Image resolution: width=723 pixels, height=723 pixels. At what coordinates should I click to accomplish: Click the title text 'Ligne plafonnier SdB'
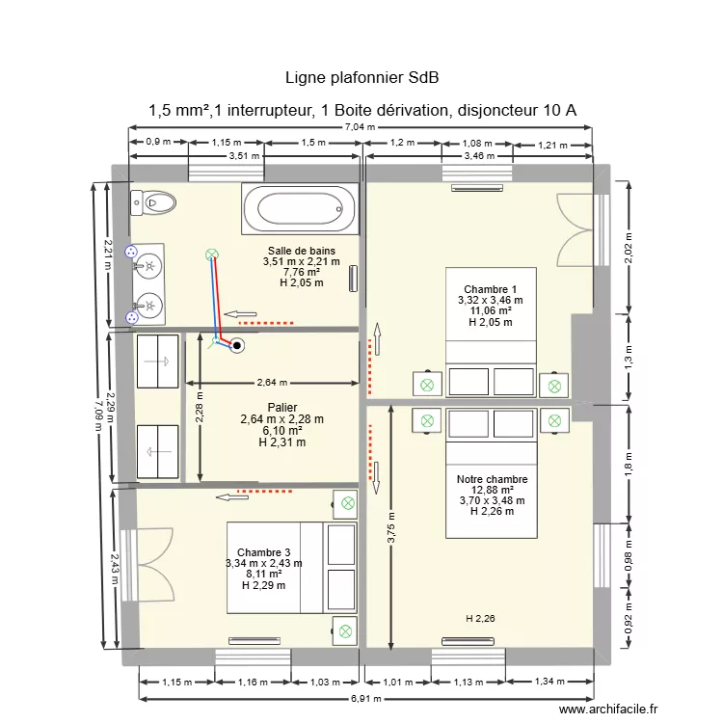point(362,77)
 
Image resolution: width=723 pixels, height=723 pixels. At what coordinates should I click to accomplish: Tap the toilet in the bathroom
point(154,202)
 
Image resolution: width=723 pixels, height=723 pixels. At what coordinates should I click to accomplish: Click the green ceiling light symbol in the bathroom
point(211,255)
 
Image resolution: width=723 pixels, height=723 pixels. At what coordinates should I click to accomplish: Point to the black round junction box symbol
point(237,343)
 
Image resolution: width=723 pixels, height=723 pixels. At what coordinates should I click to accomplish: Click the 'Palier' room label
point(281,407)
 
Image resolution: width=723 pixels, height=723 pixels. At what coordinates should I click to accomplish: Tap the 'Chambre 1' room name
point(490,289)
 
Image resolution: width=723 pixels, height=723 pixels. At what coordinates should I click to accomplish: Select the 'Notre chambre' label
point(492,479)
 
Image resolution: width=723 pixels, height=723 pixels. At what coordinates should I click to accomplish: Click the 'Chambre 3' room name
point(263,551)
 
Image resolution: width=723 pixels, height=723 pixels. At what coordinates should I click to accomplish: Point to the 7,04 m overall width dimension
point(361,128)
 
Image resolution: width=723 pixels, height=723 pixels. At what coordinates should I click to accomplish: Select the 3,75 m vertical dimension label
point(391,527)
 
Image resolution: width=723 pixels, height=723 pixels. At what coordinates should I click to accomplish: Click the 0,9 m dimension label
point(158,142)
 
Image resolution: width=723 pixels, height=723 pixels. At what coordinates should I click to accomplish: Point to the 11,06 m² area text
point(490,311)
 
